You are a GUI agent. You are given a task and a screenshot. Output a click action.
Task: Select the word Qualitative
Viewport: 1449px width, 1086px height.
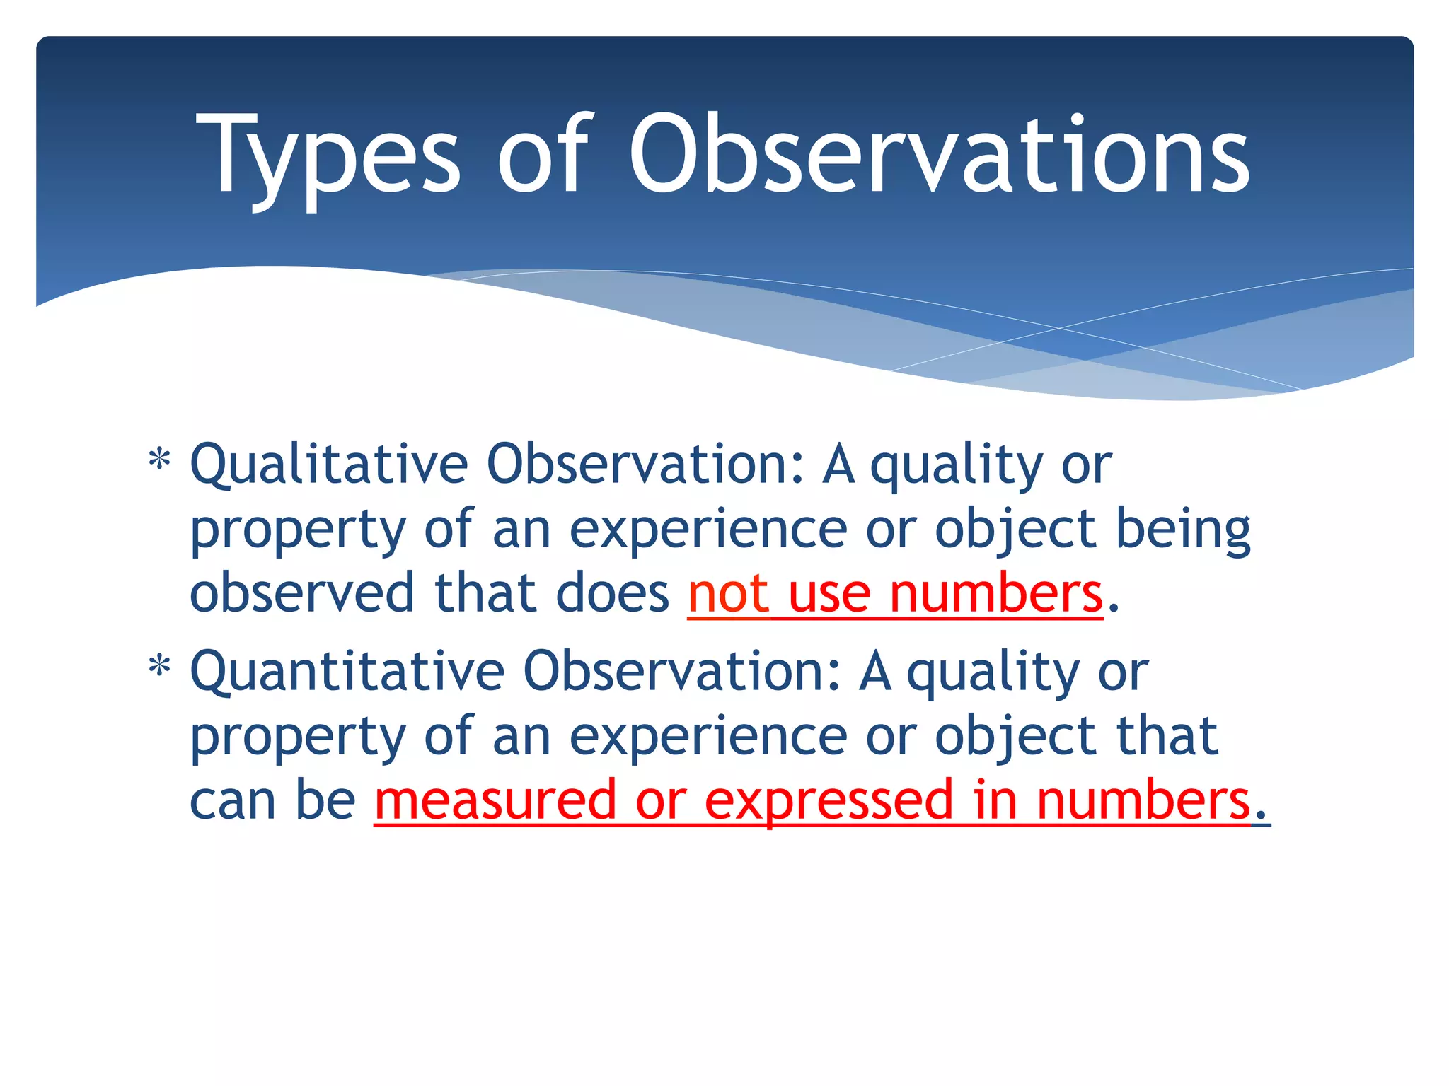click(x=329, y=465)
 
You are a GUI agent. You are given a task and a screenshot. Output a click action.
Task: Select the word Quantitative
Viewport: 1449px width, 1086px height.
click(x=347, y=672)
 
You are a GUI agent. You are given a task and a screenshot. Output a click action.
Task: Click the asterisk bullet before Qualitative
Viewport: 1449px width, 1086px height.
click(x=160, y=461)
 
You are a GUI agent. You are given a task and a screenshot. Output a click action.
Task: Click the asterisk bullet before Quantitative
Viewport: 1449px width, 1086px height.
click(x=160, y=668)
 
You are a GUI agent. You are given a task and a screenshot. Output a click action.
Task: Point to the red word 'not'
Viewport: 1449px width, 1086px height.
click(x=728, y=594)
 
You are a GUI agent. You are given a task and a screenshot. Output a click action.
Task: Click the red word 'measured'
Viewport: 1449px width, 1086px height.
click(x=495, y=801)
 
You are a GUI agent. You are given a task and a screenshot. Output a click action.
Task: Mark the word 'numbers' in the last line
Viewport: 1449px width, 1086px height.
click(x=1143, y=801)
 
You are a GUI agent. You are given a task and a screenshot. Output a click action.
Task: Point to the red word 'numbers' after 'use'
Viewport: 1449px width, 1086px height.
click(x=996, y=594)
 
